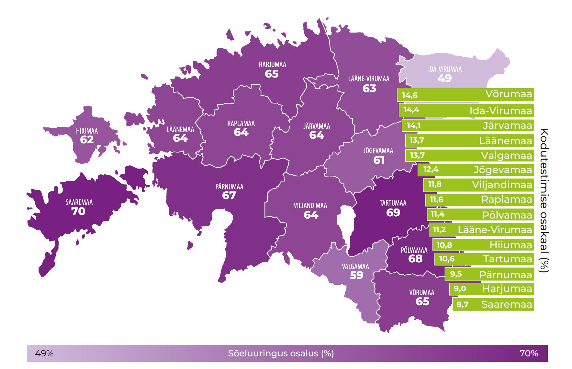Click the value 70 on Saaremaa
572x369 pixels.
tap(78, 211)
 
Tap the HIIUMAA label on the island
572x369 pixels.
tap(87, 131)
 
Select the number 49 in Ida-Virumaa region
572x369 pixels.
tap(444, 78)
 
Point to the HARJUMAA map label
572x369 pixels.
tap(272, 65)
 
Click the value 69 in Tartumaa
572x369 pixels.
tap(393, 213)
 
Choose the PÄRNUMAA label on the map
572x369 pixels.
tap(229, 187)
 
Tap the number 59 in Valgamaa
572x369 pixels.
tap(356, 275)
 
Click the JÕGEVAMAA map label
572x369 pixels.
tap(378, 151)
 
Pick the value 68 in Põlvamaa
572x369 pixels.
tap(415, 259)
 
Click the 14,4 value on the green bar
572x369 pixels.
tap(411, 110)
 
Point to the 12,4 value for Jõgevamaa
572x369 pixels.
tap(431, 169)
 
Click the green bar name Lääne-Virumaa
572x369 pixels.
tap(495, 230)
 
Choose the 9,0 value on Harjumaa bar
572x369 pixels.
tap(460, 289)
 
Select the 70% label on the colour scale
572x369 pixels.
tap(529, 353)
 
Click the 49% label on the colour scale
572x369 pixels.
tap(44, 353)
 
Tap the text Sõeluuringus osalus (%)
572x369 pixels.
tap(281, 353)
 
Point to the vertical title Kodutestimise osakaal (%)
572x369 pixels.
tap(544, 200)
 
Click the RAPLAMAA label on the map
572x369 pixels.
tap(241, 124)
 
